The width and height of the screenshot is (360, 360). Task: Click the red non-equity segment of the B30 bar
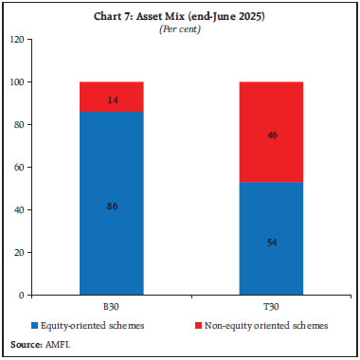coord(111,97)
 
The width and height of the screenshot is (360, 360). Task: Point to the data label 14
coord(111,98)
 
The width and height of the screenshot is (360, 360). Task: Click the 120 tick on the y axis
coord(16,40)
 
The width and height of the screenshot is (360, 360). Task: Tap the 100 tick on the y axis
coord(16,82)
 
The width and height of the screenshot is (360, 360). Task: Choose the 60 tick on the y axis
coord(18,168)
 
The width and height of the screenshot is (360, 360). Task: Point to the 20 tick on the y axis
coord(18,253)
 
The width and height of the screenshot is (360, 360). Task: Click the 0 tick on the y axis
coord(21,296)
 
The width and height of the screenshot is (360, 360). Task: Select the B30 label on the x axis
coord(111,308)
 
